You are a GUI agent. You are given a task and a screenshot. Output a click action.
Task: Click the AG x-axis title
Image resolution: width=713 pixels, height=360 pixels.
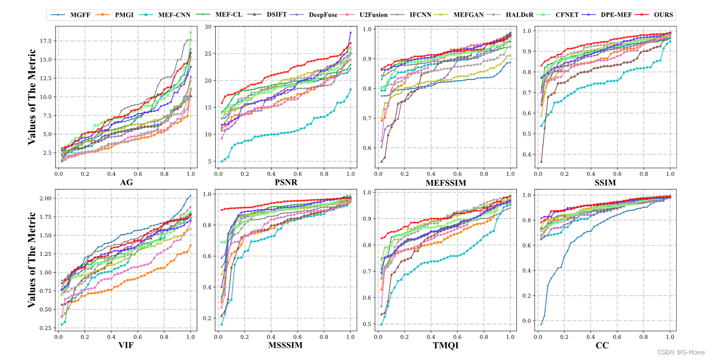[x=126, y=183]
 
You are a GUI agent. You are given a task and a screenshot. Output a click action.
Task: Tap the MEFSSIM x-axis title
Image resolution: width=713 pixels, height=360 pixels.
[x=446, y=183]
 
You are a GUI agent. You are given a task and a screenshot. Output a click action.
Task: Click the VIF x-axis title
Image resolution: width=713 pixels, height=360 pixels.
[x=126, y=345]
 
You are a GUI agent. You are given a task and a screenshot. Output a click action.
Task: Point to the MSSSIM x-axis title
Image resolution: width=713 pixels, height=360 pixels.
[x=286, y=345]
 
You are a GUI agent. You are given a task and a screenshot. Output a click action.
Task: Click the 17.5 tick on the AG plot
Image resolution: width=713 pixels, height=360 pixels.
[x=46, y=41]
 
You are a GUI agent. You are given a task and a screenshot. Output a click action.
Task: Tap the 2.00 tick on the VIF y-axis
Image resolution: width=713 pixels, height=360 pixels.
[x=46, y=198]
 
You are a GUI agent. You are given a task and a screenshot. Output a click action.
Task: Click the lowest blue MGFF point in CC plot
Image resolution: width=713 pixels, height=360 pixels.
[x=540, y=324]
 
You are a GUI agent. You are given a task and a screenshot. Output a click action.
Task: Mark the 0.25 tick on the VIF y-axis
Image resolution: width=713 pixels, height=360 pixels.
[x=46, y=328]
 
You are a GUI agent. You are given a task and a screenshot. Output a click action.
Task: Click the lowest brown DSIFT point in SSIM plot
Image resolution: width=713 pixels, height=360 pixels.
[x=541, y=161]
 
